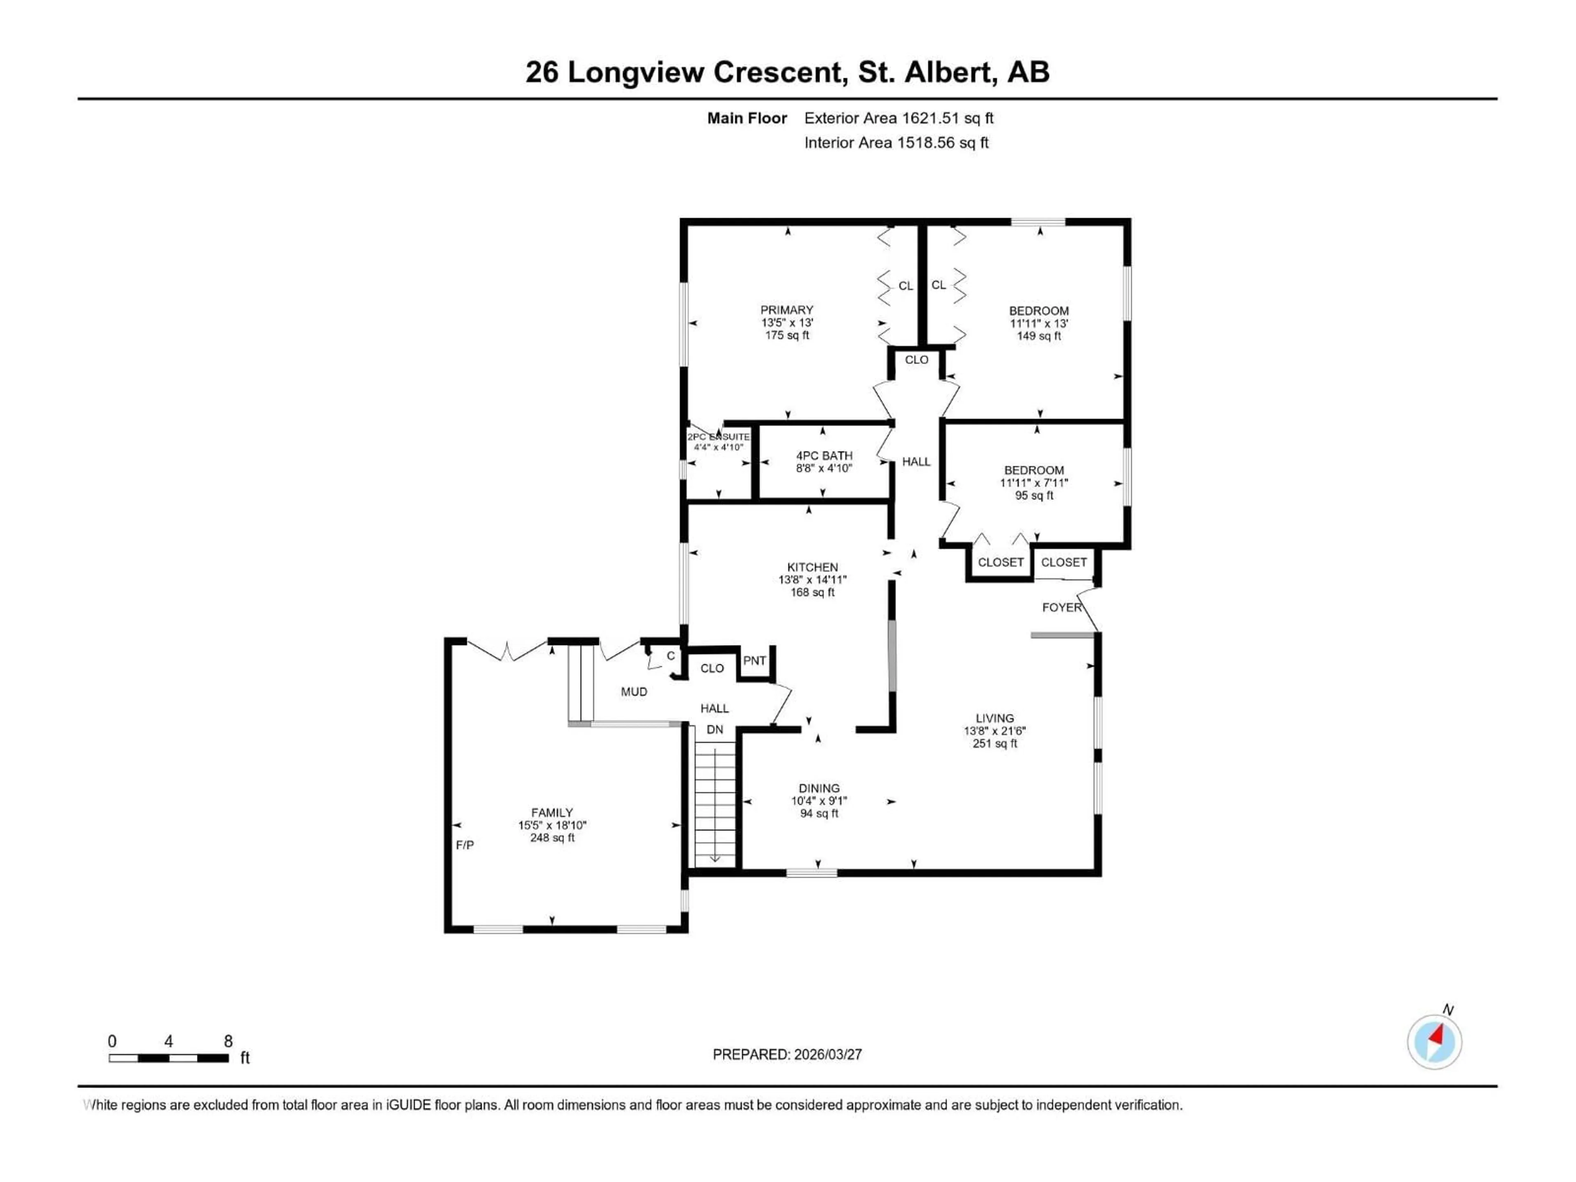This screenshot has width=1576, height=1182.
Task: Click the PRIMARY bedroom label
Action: [787, 310]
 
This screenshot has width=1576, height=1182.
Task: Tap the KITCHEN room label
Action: [812, 567]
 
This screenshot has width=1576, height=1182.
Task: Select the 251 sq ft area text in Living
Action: [994, 743]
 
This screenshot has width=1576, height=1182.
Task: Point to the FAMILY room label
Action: [552, 812]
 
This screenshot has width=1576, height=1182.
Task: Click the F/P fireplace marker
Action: [465, 845]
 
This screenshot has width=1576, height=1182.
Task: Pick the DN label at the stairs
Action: [715, 730]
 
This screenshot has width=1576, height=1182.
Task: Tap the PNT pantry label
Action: [754, 660]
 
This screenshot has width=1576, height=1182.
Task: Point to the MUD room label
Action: [633, 691]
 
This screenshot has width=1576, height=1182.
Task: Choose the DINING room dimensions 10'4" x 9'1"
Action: [819, 801]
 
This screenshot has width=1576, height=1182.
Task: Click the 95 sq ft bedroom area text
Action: [1034, 495]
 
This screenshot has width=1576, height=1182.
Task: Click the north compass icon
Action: [1434, 1042]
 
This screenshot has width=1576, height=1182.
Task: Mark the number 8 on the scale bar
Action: [228, 1041]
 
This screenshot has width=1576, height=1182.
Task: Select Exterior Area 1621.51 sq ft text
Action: [898, 118]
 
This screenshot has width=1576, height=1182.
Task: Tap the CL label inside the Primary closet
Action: [905, 286]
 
